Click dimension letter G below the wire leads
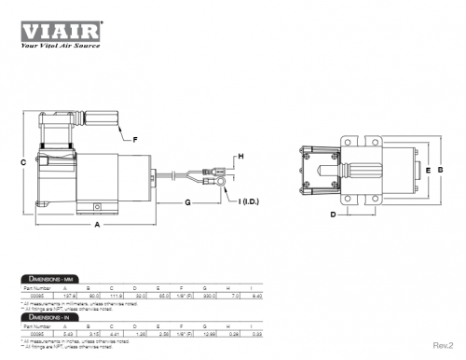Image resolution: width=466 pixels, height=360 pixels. tap(187, 201)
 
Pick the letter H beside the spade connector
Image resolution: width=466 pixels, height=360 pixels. tap(240, 157)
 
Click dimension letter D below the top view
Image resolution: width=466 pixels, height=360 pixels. tap(332, 215)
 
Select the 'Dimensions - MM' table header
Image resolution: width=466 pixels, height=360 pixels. tap(50, 280)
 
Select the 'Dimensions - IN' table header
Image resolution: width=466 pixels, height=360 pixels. tap(48, 317)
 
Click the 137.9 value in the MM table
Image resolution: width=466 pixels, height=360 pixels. tap(83, 296)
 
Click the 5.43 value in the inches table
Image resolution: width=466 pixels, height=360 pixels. tap(83, 333)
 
